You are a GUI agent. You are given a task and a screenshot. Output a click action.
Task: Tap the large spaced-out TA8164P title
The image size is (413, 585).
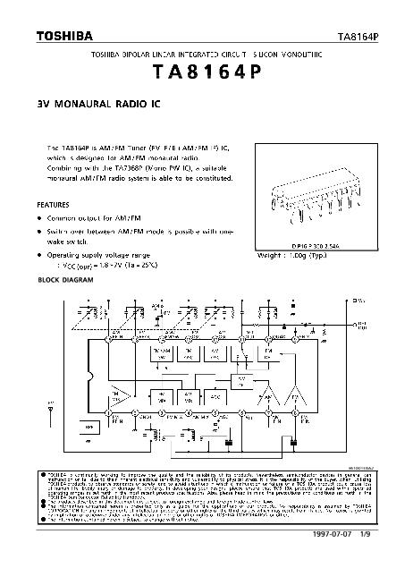206,74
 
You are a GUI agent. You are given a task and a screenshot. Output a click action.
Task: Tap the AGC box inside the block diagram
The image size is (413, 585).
215,394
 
